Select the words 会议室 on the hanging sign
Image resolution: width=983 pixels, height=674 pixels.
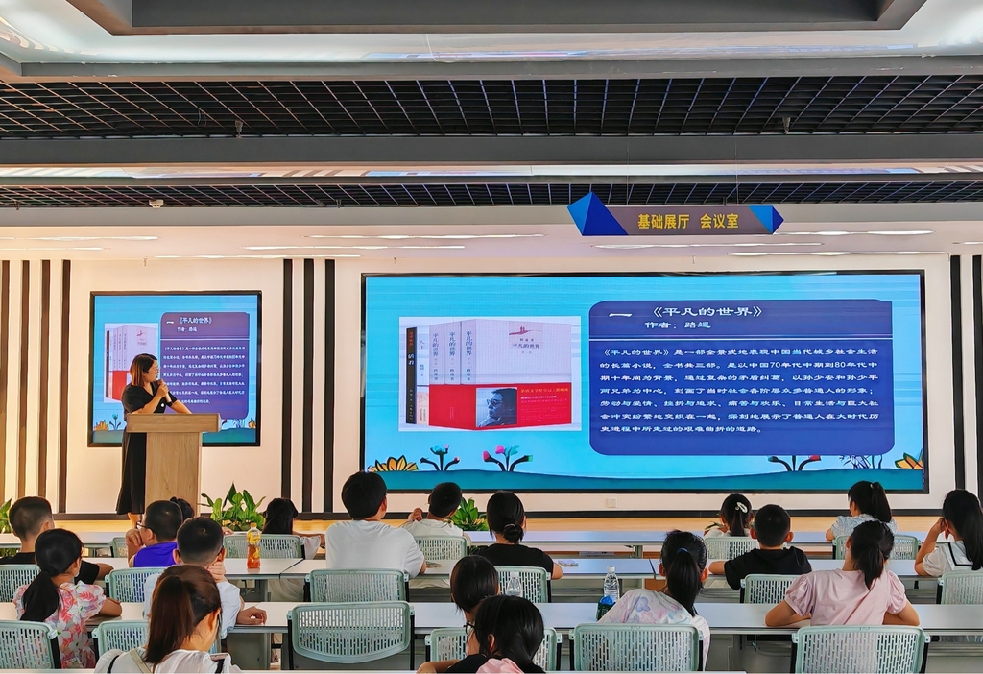tap(719, 221)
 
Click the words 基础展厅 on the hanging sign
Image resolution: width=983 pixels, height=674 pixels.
tap(663, 221)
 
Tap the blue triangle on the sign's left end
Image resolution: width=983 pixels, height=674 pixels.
tap(595, 217)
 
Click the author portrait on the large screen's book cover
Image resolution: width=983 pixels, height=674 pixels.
tap(496, 407)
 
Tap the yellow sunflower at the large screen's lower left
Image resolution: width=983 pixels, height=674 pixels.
tap(393, 464)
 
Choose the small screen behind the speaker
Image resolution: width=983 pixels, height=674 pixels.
tap(175, 368)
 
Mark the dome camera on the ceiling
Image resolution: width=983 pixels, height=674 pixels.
tap(156, 204)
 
